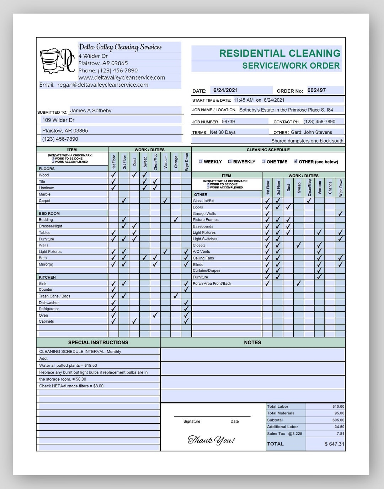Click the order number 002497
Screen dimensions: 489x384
click(316, 90)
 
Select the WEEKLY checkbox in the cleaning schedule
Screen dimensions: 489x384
click(201, 162)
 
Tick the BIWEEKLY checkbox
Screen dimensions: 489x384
click(230, 162)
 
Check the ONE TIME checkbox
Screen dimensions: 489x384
click(263, 162)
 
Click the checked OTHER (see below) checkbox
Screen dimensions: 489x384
click(295, 162)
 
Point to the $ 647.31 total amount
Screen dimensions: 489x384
click(334, 444)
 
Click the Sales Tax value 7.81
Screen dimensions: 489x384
click(340, 434)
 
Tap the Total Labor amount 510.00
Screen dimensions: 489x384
click(338, 407)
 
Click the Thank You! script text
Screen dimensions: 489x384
click(211, 440)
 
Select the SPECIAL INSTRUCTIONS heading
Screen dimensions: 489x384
click(98, 343)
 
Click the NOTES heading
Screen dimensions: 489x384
click(252, 343)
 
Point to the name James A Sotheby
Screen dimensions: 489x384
click(91, 111)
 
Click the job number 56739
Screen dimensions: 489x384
click(228, 122)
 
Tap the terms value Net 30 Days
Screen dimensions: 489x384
click(223, 132)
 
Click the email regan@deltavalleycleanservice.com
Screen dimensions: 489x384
click(103, 85)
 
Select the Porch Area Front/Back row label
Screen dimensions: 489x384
click(212, 284)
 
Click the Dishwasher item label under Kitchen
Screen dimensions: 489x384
click(49, 303)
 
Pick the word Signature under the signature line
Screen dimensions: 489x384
click(192, 421)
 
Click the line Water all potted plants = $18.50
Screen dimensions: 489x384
click(68, 365)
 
